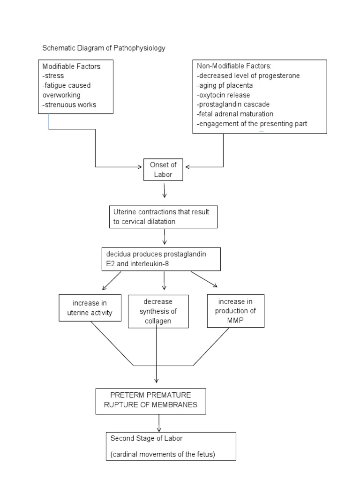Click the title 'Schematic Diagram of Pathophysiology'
pos(104,48)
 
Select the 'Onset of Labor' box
pos(163,169)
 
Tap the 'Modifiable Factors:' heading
pos(72,67)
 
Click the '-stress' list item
pos(53,75)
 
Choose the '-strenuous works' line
pos(69,105)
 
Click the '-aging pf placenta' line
pos(225,85)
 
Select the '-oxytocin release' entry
pos(224,95)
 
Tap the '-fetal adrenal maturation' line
pos(235,114)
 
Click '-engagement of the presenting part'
pos(252,124)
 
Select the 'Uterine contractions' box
pos(163,217)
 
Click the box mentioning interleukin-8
pos(161,259)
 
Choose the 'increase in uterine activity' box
pos(90,308)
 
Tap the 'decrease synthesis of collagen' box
pos(158,312)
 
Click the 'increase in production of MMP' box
pos(235,311)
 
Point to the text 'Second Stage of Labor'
pos(146,439)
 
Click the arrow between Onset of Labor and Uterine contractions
pos(164,191)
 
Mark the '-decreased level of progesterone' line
pos(248,75)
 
